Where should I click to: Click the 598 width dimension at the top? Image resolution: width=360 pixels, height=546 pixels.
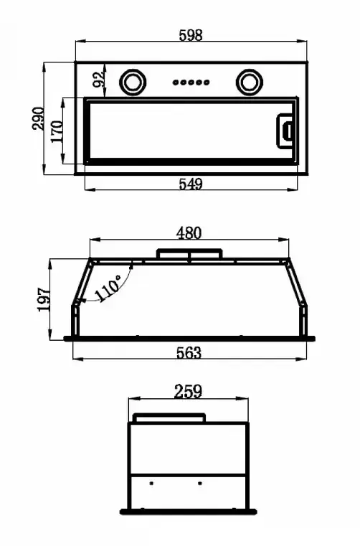point(191,35)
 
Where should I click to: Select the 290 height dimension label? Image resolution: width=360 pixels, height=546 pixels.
point(38,118)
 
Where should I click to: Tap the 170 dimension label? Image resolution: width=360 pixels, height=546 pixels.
point(57,131)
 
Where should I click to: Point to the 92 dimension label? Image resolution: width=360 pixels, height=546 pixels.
point(99,79)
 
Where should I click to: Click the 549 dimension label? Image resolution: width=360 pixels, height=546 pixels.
point(191,184)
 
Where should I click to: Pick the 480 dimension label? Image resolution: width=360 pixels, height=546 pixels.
point(189,233)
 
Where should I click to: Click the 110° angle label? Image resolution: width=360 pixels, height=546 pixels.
point(108,288)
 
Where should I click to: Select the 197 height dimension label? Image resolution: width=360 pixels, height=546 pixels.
point(44,299)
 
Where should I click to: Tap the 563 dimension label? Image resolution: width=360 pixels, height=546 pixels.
point(189,353)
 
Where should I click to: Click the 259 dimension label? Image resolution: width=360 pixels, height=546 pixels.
point(188,392)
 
